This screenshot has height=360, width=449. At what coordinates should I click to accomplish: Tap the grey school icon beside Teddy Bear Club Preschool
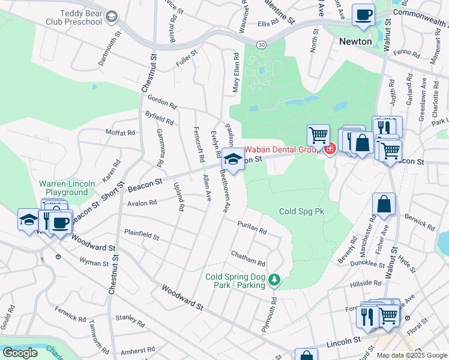(x=112, y=16)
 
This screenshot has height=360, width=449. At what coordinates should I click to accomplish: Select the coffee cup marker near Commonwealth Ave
(x=363, y=15)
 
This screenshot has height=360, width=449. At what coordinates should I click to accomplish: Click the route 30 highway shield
(x=261, y=44)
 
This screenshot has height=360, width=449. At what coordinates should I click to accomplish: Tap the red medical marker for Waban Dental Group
(x=330, y=149)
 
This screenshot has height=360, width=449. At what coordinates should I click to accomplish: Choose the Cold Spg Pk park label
(x=301, y=212)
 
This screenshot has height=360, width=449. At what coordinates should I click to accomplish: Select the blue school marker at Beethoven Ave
(x=233, y=160)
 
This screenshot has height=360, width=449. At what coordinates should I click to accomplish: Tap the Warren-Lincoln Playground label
(x=64, y=188)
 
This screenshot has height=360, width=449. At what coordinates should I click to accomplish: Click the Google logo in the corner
(x=20, y=352)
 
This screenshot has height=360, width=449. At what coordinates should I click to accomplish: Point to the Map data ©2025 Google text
(x=412, y=355)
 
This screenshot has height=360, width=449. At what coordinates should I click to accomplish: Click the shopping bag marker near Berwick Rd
(x=384, y=205)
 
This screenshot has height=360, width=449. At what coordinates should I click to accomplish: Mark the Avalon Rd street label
(x=142, y=203)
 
